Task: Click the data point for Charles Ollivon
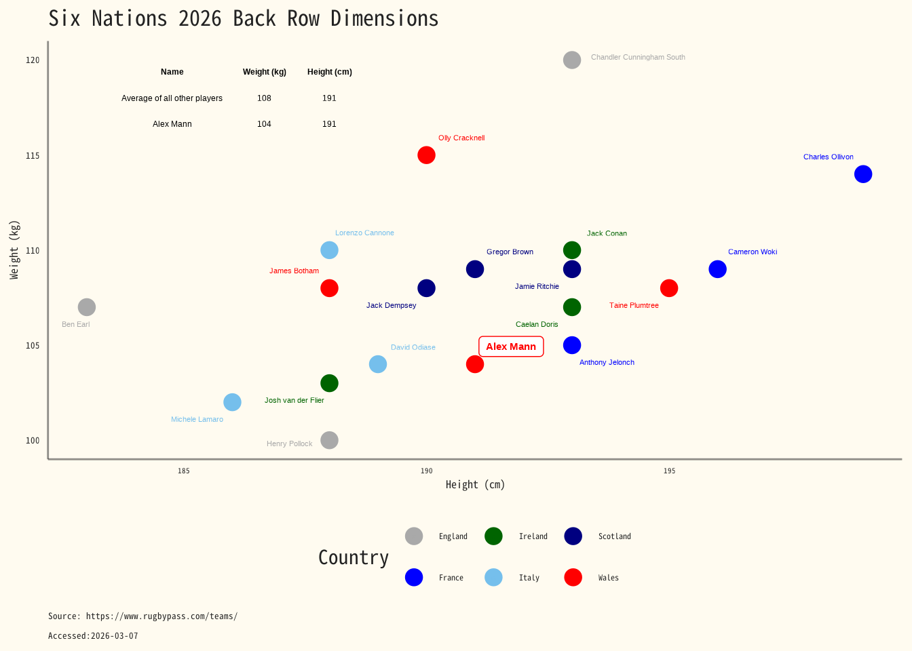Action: pyautogui.click(x=862, y=174)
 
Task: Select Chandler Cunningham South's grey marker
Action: pyautogui.click(x=572, y=60)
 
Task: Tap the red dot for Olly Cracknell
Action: pyautogui.click(x=426, y=155)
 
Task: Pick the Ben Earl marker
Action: pyautogui.click(x=87, y=307)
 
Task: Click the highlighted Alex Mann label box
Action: pyautogui.click(x=511, y=347)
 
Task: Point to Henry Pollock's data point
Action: pyautogui.click(x=329, y=440)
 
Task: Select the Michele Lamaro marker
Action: pyautogui.click(x=232, y=402)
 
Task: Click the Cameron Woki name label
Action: pyautogui.click(x=753, y=252)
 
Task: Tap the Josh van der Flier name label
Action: pyautogui.click(x=294, y=401)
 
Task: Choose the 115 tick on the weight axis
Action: pyautogui.click(x=33, y=156)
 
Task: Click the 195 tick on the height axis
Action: pyautogui.click(x=669, y=471)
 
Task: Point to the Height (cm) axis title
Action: pyautogui.click(x=475, y=485)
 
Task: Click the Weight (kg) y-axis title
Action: pyautogui.click(x=14, y=250)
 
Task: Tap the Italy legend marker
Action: pyautogui.click(x=493, y=577)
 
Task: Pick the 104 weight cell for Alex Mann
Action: pyautogui.click(x=264, y=124)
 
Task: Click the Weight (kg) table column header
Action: pyautogui.click(x=265, y=72)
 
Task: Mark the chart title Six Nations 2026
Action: pyautogui.click(x=243, y=18)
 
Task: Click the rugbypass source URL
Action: pyautogui.click(x=161, y=616)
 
